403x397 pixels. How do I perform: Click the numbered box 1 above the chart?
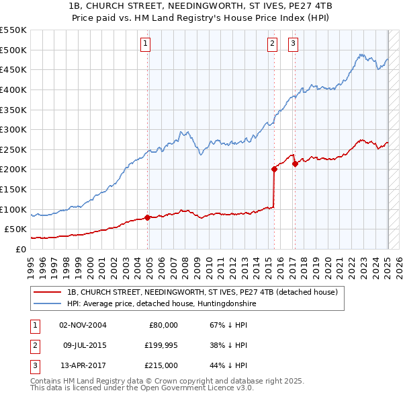point(145,44)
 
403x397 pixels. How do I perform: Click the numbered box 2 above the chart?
point(272,44)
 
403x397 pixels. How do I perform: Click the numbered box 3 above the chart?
point(294,44)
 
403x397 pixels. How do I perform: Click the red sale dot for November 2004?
point(148,217)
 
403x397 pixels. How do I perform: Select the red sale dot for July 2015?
point(274,170)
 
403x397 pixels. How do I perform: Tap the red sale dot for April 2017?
point(295,164)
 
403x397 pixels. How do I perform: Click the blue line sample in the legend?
point(48,303)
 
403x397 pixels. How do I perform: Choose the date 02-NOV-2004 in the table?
point(83,325)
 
